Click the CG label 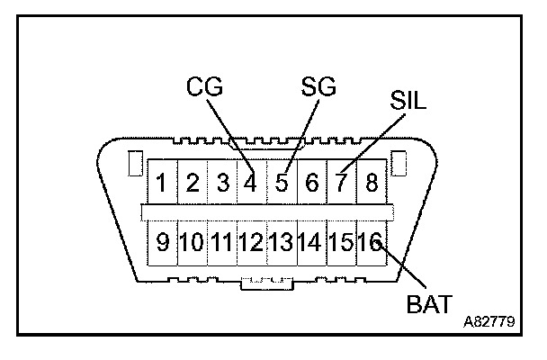[x=204, y=88]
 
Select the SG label [x=318, y=88]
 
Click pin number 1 [x=161, y=184]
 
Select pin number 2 [x=192, y=184]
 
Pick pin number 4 [x=251, y=184]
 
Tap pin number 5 [x=281, y=184]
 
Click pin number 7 [x=341, y=184]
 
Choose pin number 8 [x=371, y=184]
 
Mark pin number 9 [x=162, y=242]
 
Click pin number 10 [x=192, y=242]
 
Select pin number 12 [x=251, y=242]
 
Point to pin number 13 [x=282, y=242]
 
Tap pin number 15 [x=341, y=242]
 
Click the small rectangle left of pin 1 [x=134, y=165]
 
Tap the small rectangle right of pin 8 [x=399, y=165]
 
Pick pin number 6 [x=311, y=184]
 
